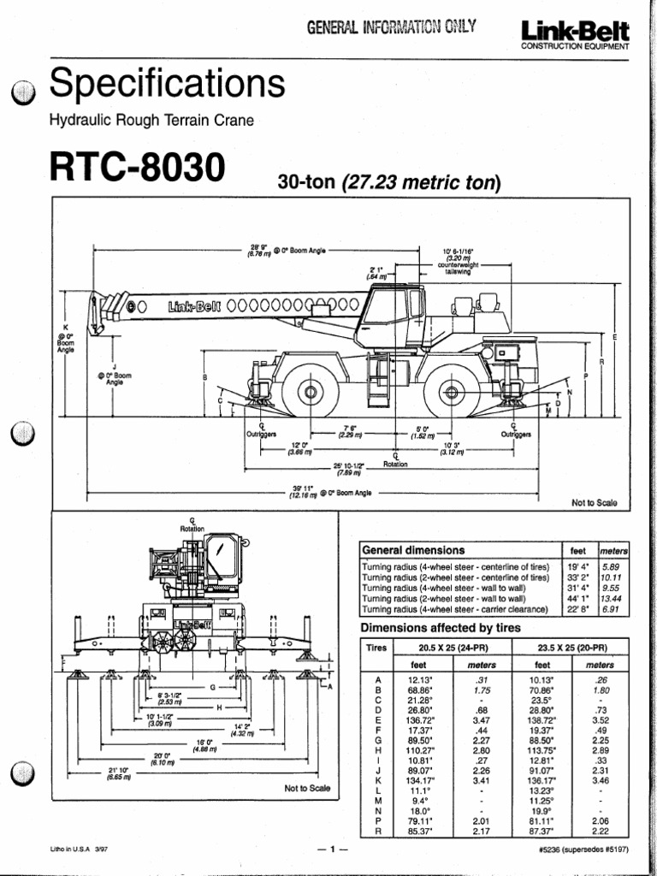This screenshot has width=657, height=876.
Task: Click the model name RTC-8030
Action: pyautogui.click(x=138, y=167)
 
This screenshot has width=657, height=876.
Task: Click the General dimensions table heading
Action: pyautogui.click(x=413, y=550)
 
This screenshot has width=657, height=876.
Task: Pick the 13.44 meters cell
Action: pyautogui.click(x=610, y=599)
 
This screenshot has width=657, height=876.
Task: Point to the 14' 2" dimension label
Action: pyautogui.click(x=259, y=730)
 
